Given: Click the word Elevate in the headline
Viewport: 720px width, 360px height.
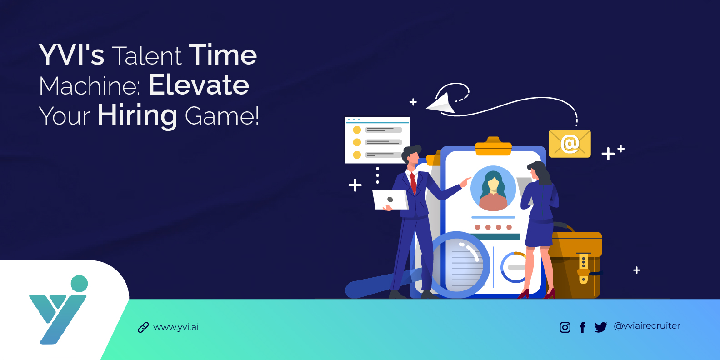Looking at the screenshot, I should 199,85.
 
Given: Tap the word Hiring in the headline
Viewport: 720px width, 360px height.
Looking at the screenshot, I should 137,115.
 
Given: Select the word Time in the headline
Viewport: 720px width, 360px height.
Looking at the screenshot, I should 223,55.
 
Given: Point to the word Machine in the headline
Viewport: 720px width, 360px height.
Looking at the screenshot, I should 89,85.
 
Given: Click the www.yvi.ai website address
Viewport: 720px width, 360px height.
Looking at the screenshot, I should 176,327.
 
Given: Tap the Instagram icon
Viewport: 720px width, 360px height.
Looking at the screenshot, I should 565,327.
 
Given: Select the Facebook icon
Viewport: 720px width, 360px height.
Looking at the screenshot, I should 583,327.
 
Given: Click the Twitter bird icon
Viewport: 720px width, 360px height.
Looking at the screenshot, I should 600,327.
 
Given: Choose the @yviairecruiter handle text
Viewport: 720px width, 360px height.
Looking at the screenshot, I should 647,326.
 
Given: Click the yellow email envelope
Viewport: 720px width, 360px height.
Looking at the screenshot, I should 570,144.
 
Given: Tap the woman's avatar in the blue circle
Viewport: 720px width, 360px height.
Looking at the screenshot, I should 493,189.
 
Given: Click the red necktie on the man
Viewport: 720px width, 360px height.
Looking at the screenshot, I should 413,182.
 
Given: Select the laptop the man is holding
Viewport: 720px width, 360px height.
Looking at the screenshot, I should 390,200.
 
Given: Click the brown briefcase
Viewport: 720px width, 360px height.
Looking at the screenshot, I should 576,264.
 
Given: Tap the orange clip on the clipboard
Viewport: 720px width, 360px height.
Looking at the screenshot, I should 493,147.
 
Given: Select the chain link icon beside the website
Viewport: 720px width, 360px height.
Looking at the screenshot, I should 143,328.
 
